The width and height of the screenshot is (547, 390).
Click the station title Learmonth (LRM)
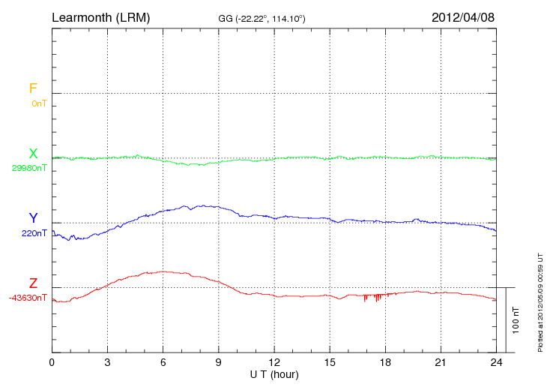click(100, 16)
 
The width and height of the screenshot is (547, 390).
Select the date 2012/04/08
click(463, 16)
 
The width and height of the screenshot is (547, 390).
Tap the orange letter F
click(32, 88)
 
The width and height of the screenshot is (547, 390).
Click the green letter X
click(33, 154)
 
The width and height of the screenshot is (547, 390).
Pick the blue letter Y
click(33, 218)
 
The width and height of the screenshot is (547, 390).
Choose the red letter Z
click(33, 283)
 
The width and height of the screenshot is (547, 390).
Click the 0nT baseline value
click(39, 103)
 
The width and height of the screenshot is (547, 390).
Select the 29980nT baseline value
click(29, 168)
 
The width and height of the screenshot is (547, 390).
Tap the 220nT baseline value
click(34, 233)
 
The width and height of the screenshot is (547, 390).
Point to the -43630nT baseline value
click(29, 298)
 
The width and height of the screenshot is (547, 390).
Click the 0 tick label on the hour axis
click(52, 362)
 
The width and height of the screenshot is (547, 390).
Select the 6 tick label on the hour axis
click(163, 362)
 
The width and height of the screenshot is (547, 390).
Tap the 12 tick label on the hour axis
click(274, 362)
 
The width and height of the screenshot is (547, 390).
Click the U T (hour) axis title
click(274, 373)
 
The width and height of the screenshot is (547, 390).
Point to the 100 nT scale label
click(516, 319)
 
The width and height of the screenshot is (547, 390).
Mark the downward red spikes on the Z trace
click(372, 298)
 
